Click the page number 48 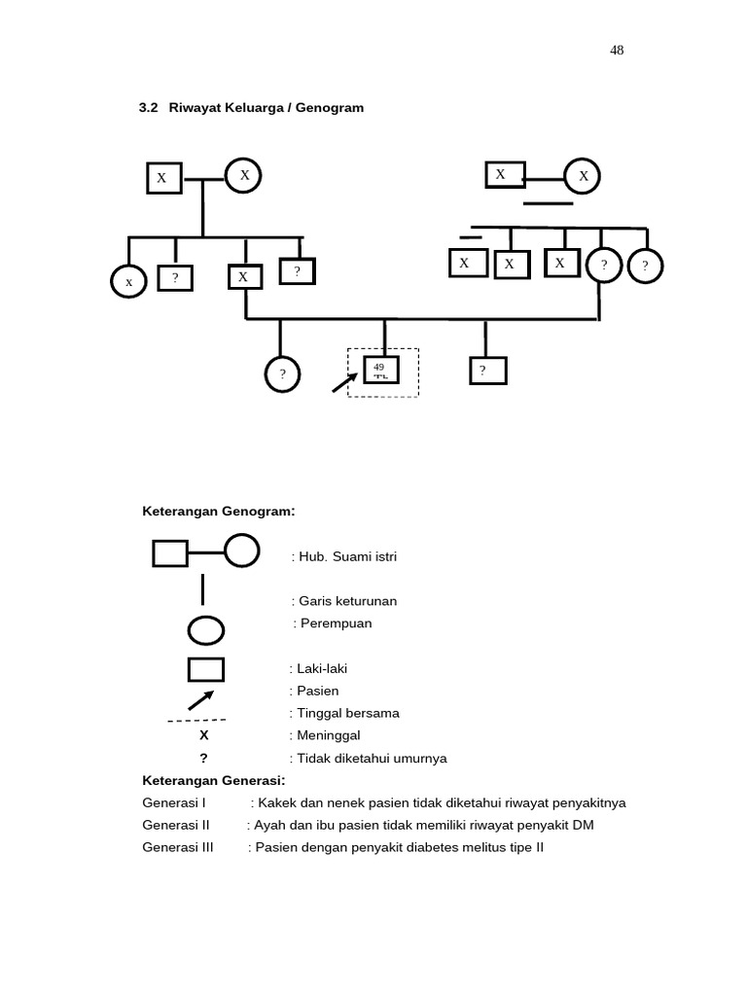click(x=617, y=52)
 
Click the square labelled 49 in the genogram click(x=381, y=370)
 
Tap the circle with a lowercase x click(x=128, y=282)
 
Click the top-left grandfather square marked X click(x=162, y=178)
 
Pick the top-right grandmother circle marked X click(x=584, y=176)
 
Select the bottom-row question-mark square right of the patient click(x=486, y=371)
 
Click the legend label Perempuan click(x=333, y=623)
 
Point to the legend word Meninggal click(x=325, y=735)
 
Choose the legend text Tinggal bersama click(x=344, y=713)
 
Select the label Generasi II click(x=176, y=825)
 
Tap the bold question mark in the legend click(x=203, y=758)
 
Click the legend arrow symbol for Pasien click(x=200, y=699)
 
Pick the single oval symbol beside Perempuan click(x=205, y=630)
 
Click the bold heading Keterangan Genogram click(x=220, y=511)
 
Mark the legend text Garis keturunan click(x=344, y=601)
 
